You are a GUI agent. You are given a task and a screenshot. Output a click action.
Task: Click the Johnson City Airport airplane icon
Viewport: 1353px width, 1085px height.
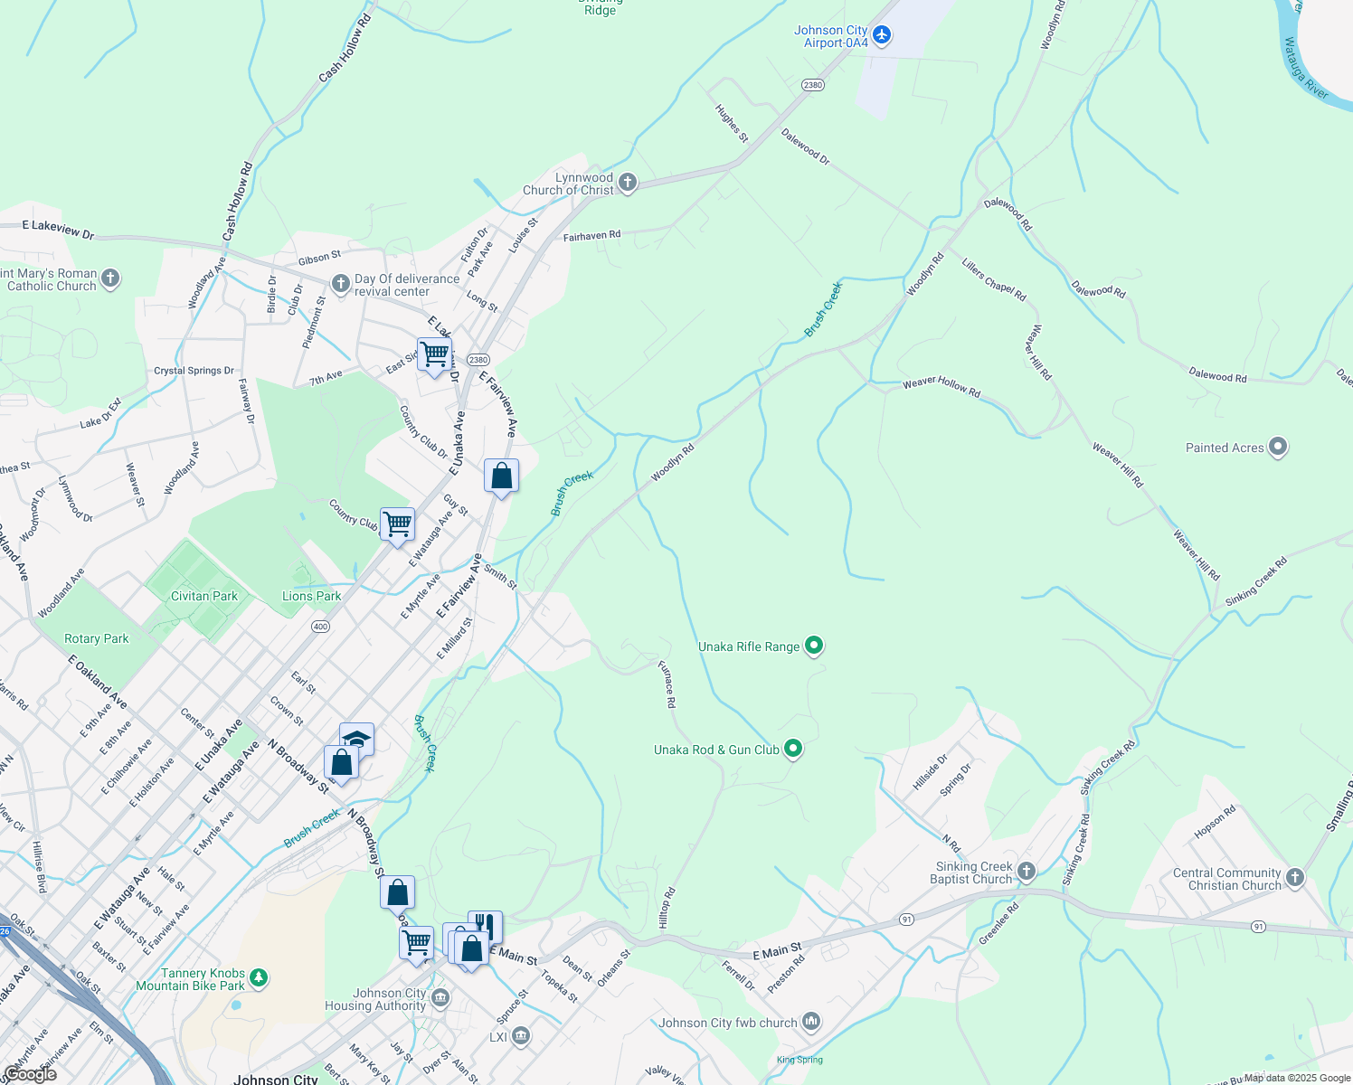coord(882,36)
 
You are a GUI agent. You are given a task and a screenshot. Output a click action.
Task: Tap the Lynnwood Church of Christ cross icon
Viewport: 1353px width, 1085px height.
coord(627,184)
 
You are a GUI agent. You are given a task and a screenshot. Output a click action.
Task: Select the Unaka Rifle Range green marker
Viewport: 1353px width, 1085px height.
coord(814,646)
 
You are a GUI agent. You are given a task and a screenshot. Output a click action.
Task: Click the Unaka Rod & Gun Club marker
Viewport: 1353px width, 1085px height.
coord(793,749)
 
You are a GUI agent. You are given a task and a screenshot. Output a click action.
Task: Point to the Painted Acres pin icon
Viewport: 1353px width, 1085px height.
coord(1278,447)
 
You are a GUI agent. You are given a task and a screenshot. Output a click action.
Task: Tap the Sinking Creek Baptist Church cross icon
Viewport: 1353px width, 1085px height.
coord(1026,872)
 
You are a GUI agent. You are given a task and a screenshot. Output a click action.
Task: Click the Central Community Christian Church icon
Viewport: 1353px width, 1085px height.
coord(1295,878)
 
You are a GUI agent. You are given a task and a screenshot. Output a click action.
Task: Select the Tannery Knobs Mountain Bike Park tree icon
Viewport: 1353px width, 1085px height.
coord(259,978)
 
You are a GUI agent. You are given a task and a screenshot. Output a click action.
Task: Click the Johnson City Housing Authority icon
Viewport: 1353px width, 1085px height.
coord(440,998)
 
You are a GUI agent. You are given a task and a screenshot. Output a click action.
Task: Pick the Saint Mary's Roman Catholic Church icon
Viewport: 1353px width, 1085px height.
coord(110,278)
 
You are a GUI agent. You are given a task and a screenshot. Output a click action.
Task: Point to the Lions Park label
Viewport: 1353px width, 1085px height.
coord(312,596)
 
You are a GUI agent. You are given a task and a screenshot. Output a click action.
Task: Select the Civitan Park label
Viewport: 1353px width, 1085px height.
coord(204,596)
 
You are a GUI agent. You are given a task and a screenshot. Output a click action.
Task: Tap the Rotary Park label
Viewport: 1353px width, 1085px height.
coord(97,638)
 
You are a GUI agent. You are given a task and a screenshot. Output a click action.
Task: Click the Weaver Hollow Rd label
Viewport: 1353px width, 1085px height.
coord(941,387)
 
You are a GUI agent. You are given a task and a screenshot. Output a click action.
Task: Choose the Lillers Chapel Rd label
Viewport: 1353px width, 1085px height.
coord(993,279)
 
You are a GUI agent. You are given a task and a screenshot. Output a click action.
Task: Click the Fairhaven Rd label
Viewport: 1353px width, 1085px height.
coord(591,236)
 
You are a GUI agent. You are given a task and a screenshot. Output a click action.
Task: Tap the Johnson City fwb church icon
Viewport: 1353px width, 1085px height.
coord(810,1023)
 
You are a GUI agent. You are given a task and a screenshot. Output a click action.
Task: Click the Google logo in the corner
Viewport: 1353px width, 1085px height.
coord(30,1074)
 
